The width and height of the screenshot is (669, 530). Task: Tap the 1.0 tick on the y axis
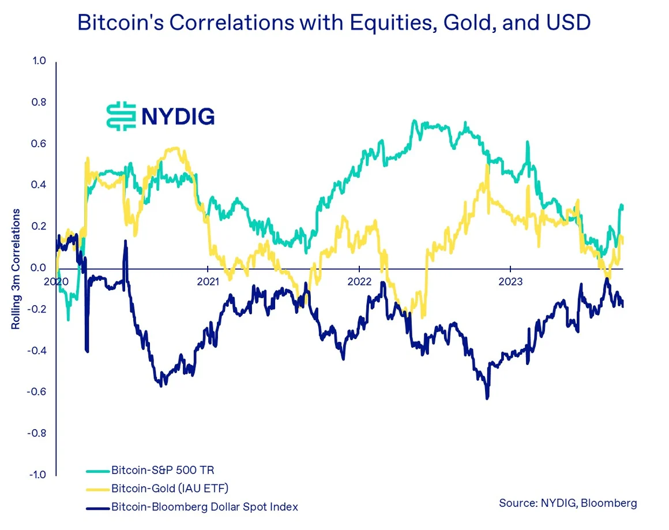click(39, 61)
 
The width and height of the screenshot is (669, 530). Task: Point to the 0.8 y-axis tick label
click(39, 103)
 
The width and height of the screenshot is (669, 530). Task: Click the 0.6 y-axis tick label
click(39, 144)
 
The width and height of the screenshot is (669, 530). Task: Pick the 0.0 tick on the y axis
click(39, 268)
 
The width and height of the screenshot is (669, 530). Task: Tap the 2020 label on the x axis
click(56, 282)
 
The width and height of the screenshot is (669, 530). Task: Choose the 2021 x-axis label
click(208, 282)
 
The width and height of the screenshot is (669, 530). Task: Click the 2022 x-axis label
click(359, 282)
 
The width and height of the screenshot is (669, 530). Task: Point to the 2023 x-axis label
click(510, 282)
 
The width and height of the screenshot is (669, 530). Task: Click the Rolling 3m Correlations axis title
click(16, 269)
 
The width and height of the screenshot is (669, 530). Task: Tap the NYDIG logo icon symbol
click(121, 115)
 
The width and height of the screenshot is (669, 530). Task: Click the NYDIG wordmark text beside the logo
click(178, 116)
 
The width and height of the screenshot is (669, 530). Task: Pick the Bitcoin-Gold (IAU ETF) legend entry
click(170, 489)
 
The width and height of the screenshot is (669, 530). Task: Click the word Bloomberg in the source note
click(608, 503)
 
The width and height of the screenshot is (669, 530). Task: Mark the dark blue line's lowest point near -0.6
click(487, 398)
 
